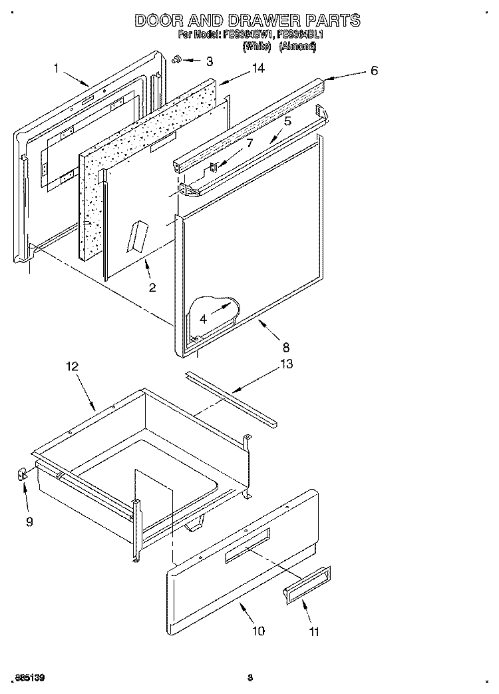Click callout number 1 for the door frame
[57, 67]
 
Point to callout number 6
[374, 71]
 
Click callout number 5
[287, 121]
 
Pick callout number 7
[249, 143]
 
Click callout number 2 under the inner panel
[152, 288]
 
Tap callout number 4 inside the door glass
[203, 319]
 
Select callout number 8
[285, 346]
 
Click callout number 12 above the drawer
[72, 366]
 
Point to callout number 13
[286, 364]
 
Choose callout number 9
[29, 521]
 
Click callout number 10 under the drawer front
[258, 630]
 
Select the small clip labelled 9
[21, 474]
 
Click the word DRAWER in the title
[253, 21]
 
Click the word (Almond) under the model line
[297, 47]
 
